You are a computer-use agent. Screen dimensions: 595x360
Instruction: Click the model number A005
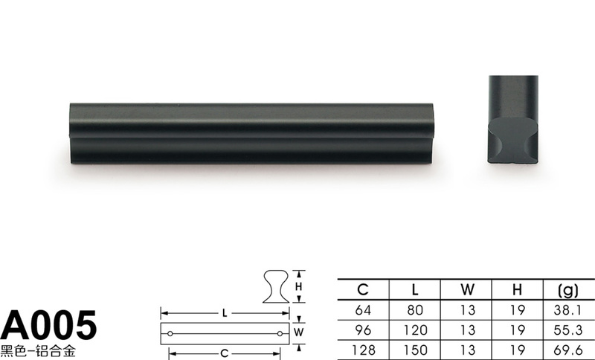[x=48, y=325]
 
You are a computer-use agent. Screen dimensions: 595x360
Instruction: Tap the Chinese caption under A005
[x=38, y=351]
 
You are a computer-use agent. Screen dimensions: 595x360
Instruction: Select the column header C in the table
[x=363, y=290]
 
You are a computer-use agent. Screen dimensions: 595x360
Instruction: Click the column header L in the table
[x=415, y=290]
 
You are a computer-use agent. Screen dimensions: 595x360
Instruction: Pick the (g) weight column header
[x=568, y=290]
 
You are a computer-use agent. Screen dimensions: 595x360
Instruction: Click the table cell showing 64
[x=363, y=310]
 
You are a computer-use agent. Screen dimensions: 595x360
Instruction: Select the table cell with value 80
[x=415, y=310]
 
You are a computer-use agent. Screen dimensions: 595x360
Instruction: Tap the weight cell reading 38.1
[x=567, y=310]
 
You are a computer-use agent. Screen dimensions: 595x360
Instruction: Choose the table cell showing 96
[x=363, y=330]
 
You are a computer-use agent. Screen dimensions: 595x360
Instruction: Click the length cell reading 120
[x=415, y=330]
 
